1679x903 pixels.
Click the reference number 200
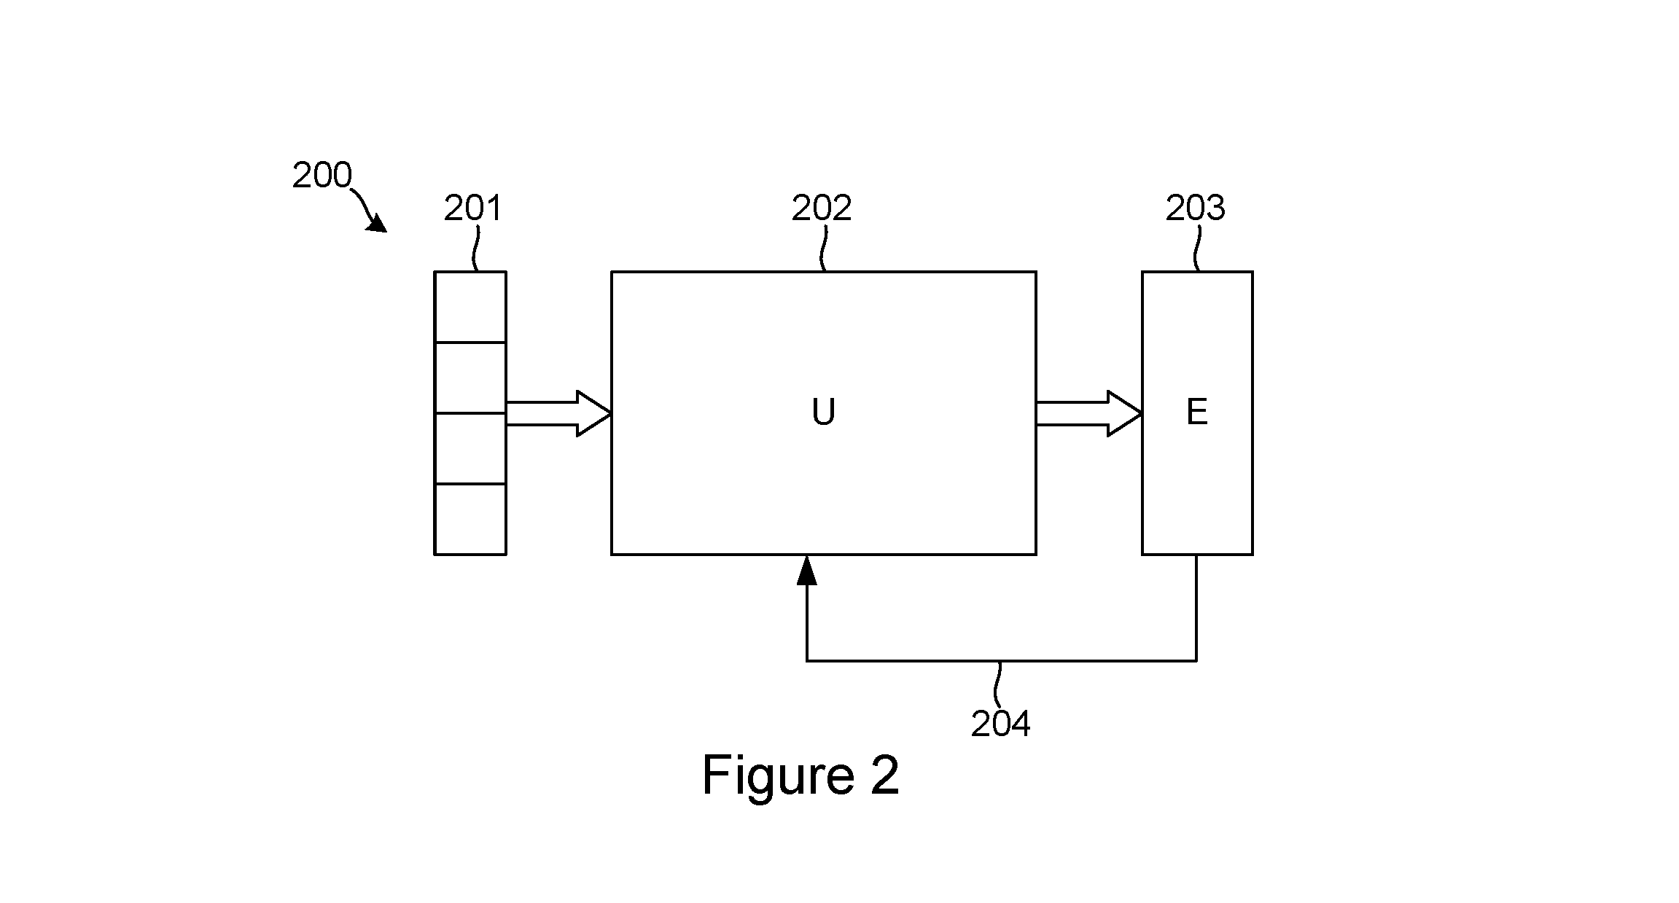(322, 176)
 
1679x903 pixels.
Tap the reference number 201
(474, 208)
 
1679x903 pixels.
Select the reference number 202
(822, 208)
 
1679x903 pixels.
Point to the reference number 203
(1196, 208)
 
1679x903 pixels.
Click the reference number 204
(1001, 724)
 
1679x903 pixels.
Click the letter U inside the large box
(823, 413)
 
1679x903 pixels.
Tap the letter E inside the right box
(1197, 413)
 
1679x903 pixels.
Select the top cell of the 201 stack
(470, 307)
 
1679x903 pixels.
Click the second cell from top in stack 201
(470, 378)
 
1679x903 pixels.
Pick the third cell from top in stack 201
(470, 448)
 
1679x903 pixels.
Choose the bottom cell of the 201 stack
(470, 519)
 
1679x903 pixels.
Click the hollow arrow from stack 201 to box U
(558, 413)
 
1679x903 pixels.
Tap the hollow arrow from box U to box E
(1089, 413)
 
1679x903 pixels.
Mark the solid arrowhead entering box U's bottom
(806, 570)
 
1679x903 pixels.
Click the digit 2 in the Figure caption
(884, 774)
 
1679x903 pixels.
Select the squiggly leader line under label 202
(825, 248)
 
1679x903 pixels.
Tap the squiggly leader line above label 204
(998, 684)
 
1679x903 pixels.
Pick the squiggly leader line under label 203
(1196, 248)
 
